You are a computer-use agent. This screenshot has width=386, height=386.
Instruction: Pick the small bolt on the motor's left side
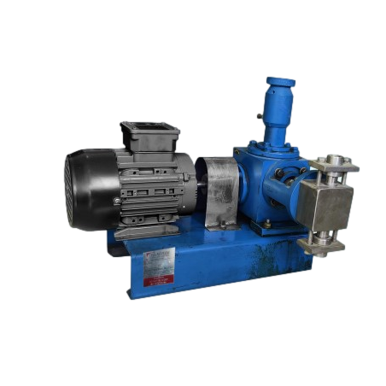[117, 201]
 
